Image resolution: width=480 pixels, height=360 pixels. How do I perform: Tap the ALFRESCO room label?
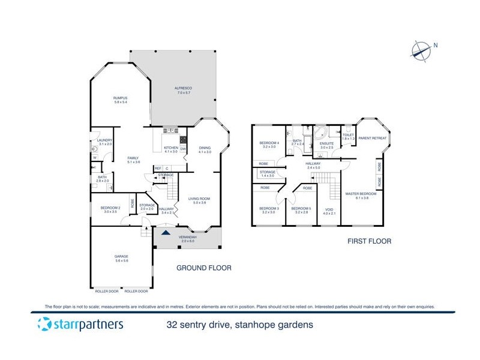pyautogui.click(x=183, y=89)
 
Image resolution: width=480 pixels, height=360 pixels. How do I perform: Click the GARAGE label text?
pyautogui.click(x=121, y=257)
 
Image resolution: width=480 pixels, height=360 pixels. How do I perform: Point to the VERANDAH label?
pyautogui.click(x=187, y=238)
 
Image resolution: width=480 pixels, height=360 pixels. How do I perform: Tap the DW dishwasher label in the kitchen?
pyautogui.click(x=183, y=148)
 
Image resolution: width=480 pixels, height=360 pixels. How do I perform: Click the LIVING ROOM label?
pyautogui.click(x=200, y=199)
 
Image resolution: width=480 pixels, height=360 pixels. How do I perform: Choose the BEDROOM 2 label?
pyautogui.click(x=111, y=209)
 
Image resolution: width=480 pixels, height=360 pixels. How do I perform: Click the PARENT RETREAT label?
pyautogui.click(x=372, y=138)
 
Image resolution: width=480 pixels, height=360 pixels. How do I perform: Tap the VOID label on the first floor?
pyautogui.click(x=329, y=211)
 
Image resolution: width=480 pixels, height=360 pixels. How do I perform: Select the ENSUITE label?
pyautogui.click(x=326, y=145)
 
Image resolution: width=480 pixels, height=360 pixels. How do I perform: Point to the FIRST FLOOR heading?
pyautogui.click(x=370, y=241)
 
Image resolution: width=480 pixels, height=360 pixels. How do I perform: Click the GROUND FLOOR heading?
pyautogui.click(x=203, y=268)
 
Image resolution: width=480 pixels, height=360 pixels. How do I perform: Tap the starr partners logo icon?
pyautogui.click(x=44, y=325)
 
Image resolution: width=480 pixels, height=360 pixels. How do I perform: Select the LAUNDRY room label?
pyautogui.click(x=105, y=142)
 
